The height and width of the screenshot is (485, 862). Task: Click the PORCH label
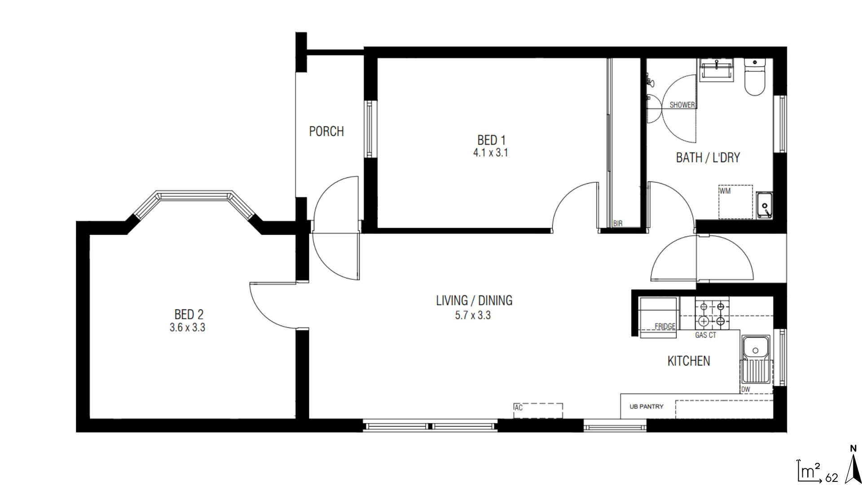point(326,132)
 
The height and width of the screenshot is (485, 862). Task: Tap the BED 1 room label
point(491,140)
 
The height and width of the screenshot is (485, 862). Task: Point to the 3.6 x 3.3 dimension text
point(187,328)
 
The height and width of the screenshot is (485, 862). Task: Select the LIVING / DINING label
point(474,300)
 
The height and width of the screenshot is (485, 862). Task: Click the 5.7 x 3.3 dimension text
point(473,315)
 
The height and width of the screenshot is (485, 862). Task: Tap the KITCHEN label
point(689,361)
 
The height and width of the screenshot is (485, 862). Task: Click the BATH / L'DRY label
point(708,158)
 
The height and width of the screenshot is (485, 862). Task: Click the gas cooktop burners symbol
point(712,314)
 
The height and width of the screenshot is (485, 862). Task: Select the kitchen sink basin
point(756,349)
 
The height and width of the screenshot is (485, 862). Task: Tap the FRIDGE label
point(665,326)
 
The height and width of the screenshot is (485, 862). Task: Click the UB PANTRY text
point(646,406)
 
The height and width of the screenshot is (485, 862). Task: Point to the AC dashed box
point(538,410)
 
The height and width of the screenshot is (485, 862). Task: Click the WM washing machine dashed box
point(735,202)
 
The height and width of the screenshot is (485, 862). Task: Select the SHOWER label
point(682,105)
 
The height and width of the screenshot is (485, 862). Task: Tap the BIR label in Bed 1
point(618,223)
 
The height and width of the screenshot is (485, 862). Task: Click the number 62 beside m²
point(831,478)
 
